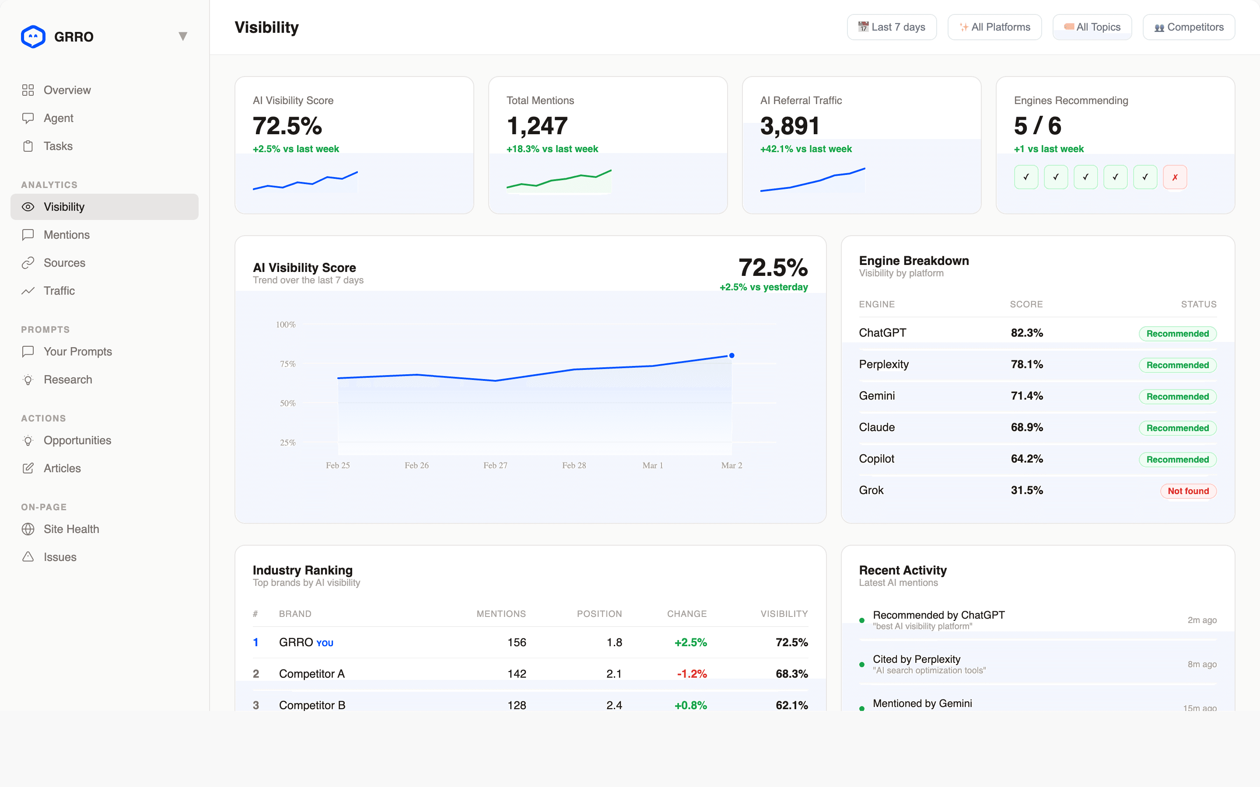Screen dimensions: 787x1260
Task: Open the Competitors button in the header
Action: [x=1188, y=27]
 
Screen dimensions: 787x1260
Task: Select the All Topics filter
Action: [x=1092, y=27]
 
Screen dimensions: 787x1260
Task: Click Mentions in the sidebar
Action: [x=66, y=235]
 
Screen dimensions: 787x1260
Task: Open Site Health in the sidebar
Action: [x=71, y=529]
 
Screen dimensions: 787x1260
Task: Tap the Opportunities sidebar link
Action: [x=77, y=440]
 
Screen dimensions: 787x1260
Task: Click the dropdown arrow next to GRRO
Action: [x=183, y=36]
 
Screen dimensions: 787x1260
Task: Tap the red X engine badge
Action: [x=1175, y=178]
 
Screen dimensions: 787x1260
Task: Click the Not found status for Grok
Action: [x=1188, y=491]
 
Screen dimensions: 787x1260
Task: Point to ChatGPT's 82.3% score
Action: [x=1027, y=333]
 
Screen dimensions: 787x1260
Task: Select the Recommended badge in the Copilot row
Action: [x=1177, y=460]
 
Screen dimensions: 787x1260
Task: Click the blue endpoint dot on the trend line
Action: [x=731, y=355]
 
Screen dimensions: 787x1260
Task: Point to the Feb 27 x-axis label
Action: [x=495, y=465]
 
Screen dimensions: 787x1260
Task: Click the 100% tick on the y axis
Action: [x=285, y=325]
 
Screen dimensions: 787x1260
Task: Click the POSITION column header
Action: [x=599, y=614]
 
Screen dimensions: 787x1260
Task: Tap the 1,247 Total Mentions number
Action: [x=537, y=126]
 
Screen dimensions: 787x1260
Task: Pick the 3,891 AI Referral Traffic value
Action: [x=790, y=126]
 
